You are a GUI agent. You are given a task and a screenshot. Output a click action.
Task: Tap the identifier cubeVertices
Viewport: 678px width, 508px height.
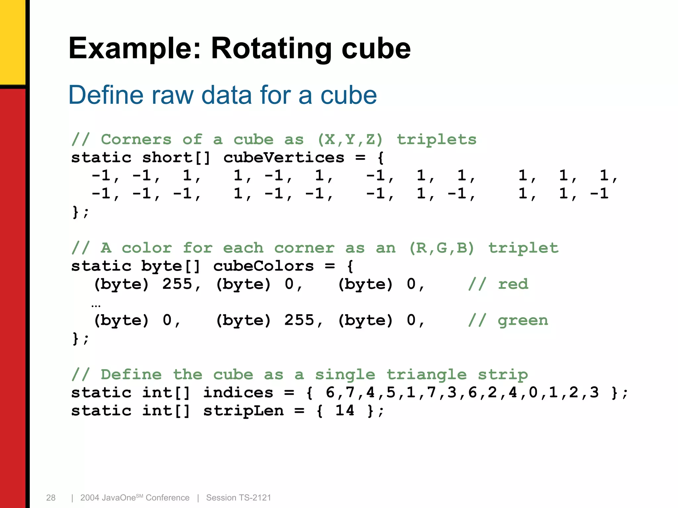pyautogui.click(x=284, y=158)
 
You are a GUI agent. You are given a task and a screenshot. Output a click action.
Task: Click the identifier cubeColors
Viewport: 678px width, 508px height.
pyautogui.click(x=263, y=266)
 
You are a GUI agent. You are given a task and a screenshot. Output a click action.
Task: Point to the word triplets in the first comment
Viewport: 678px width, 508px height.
pyautogui.click(x=437, y=140)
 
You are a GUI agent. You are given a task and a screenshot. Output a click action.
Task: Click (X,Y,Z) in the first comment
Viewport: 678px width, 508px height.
pyautogui.click(x=350, y=140)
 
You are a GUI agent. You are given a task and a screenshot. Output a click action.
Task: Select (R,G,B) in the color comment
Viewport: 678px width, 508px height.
pyautogui.click(x=442, y=248)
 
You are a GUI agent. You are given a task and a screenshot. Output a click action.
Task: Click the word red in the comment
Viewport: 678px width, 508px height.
pyautogui.click(x=513, y=284)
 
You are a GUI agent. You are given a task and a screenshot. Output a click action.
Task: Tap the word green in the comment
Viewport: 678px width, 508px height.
pyautogui.click(x=523, y=320)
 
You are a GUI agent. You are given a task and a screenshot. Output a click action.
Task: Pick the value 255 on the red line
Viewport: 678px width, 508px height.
pyautogui.click(x=177, y=284)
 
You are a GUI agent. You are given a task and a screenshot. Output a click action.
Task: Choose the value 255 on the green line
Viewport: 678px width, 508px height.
pyautogui.click(x=299, y=320)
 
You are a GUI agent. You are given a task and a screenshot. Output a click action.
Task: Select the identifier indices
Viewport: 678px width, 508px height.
pyautogui.click(x=238, y=393)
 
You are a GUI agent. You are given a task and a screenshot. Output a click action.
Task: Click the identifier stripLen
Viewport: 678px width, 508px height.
pyautogui.click(x=243, y=411)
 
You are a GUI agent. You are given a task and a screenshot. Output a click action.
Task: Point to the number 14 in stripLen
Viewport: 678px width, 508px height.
pyautogui.click(x=345, y=411)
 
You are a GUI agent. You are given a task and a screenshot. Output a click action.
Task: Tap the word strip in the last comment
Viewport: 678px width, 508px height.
pyautogui.click(x=503, y=375)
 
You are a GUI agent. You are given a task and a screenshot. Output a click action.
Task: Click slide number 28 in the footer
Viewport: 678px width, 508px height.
pyautogui.click(x=51, y=498)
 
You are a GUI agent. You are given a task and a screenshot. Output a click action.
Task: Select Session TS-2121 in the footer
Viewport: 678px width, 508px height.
pyautogui.click(x=238, y=498)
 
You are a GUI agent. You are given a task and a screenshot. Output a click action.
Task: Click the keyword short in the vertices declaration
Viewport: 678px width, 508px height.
pyautogui.click(x=167, y=158)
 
